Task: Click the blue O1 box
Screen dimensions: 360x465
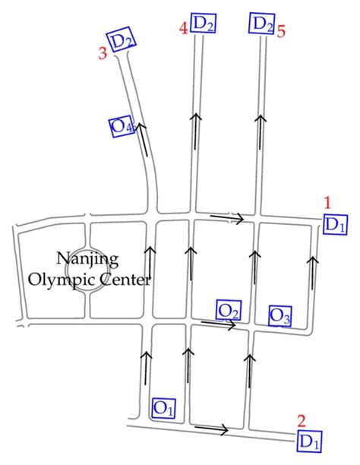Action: click(164, 408)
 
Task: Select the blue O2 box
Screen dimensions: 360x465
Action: click(229, 311)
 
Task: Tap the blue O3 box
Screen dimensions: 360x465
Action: click(280, 316)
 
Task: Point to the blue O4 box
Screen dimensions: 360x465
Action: click(122, 126)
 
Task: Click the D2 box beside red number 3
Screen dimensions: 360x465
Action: click(122, 40)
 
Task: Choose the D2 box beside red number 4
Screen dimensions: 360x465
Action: click(203, 23)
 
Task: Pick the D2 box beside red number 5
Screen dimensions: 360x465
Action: click(261, 23)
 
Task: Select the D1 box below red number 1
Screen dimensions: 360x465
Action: click(335, 224)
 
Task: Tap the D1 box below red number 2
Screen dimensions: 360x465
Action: click(309, 441)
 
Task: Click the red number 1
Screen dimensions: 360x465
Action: click(327, 204)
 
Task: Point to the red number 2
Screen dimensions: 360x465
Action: click(302, 421)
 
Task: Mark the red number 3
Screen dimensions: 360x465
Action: click(103, 54)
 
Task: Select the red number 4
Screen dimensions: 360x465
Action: click(184, 29)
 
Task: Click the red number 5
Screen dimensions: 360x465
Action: click(281, 31)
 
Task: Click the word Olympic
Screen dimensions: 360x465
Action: click(62, 280)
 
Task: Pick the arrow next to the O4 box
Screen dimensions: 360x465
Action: click(142, 139)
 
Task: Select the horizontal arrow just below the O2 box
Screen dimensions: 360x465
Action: click(219, 324)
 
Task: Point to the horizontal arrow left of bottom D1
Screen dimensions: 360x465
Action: click(211, 429)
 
